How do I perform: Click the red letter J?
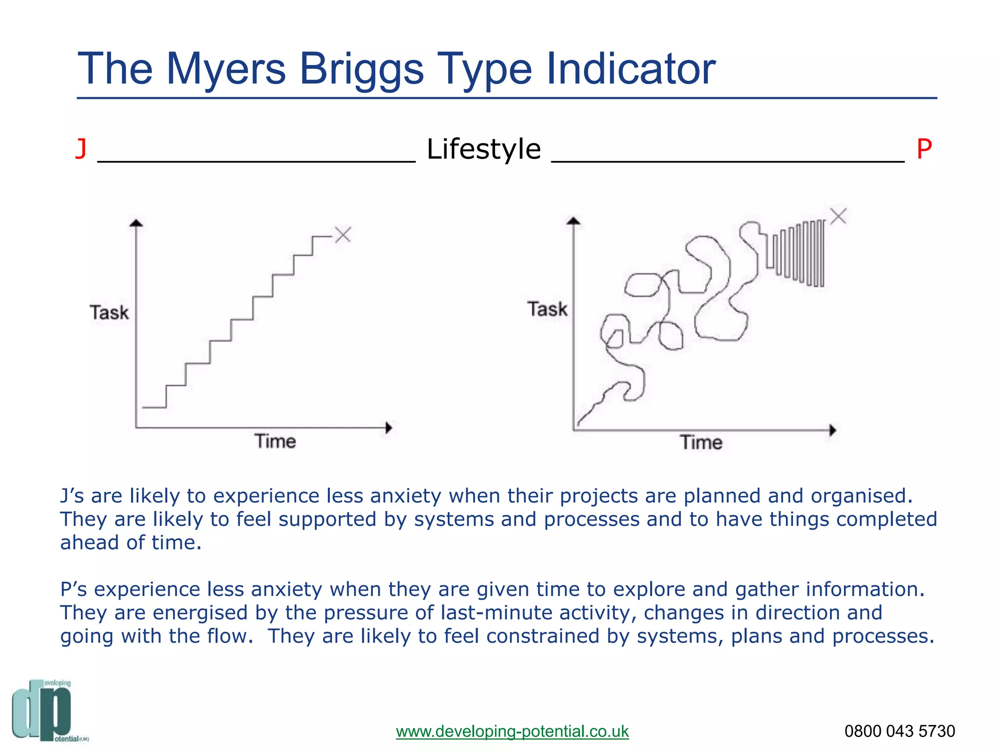(x=81, y=149)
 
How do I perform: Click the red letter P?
(x=924, y=149)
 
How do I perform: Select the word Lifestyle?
(x=483, y=149)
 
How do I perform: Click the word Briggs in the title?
(x=361, y=69)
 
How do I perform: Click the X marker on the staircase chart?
(x=343, y=235)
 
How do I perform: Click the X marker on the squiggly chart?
(x=838, y=216)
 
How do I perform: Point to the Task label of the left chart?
(x=109, y=312)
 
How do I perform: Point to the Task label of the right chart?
(x=547, y=309)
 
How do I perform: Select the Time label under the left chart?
(x=275, y=442)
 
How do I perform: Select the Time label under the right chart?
(x=701, y=442)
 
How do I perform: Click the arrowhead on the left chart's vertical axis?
(x=136, y=223)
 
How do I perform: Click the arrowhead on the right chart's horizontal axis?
(x=833, y=430)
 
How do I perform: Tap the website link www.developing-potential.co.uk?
(x=512, y=731)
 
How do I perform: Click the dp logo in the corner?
(x=44, y=711)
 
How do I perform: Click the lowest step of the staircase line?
(x=154, y=407)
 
